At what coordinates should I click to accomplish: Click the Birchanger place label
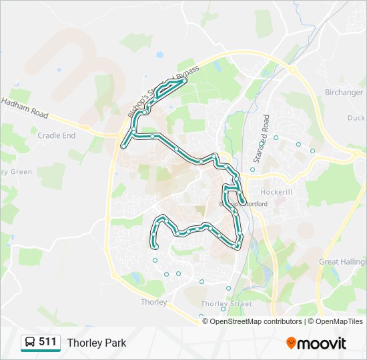coord(344,93)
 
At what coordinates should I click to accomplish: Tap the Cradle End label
coord(57,135)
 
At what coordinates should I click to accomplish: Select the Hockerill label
coord(276,192)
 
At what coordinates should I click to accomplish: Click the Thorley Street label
coord(226,304)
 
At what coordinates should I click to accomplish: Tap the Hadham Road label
coord(25,107)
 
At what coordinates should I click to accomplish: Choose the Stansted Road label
coord(261,139)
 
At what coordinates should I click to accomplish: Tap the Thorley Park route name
coord(97,343)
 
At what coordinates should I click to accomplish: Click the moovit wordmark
coord(322,343)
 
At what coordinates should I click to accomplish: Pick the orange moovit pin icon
coord(291,343)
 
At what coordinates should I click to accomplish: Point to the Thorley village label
coord(154,302)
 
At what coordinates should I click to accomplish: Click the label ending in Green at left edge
coord(16,172)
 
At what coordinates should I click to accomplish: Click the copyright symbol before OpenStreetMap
coord(206,321)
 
